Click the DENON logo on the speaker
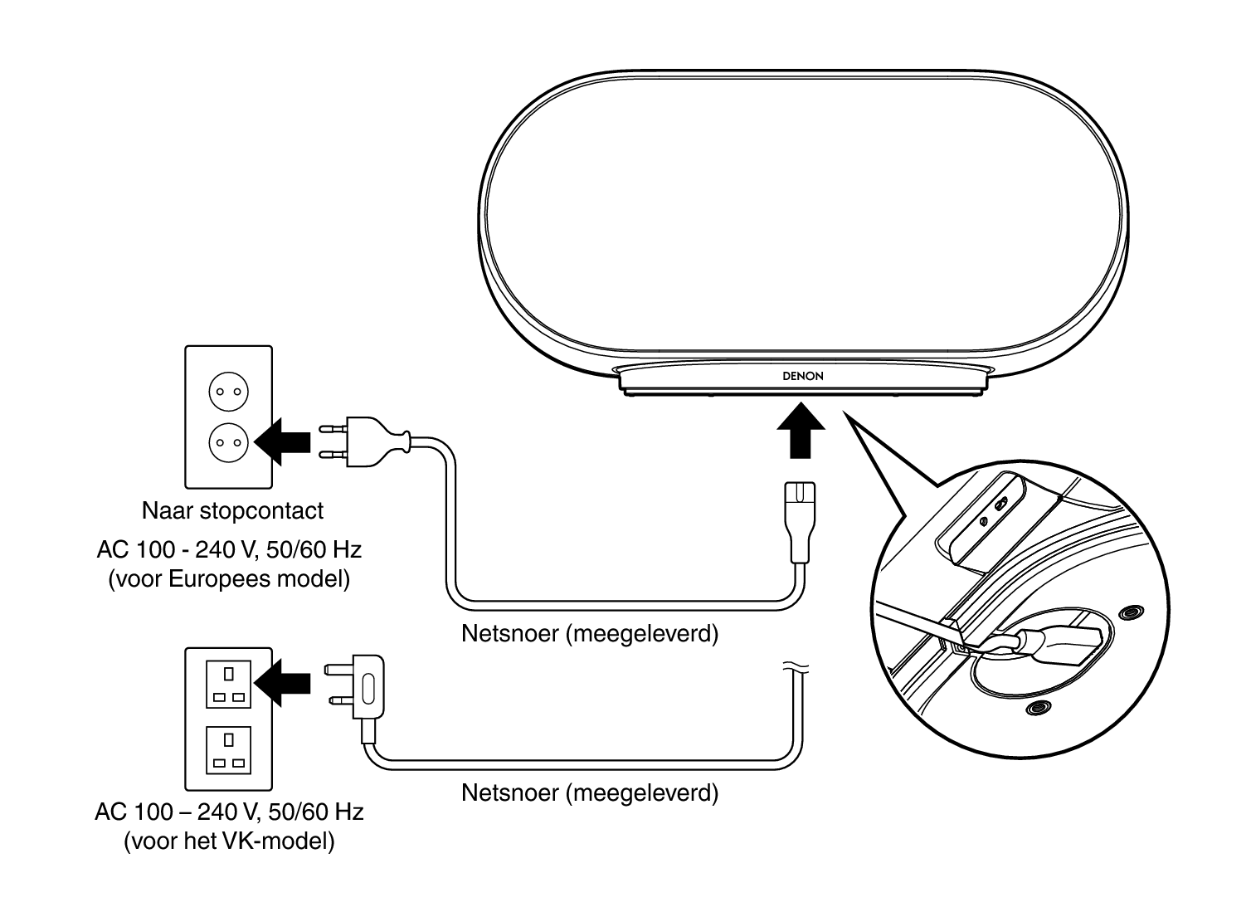pos(802,376)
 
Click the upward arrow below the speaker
pos(801,428)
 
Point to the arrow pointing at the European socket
pos(283,441)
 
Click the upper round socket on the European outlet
pos(228,392)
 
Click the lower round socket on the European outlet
pos(228,441)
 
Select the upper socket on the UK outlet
pos(228,683)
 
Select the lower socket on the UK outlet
pos(228,749)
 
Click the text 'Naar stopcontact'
pos(232,510)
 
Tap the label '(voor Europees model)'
pos(229,578)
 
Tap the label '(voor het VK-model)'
pos(229,841)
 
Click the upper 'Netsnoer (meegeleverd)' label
pos(589,634)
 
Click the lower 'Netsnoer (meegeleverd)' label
pos(589,792)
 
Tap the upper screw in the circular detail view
pos(1129,612)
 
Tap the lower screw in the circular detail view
pos(1035,708)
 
